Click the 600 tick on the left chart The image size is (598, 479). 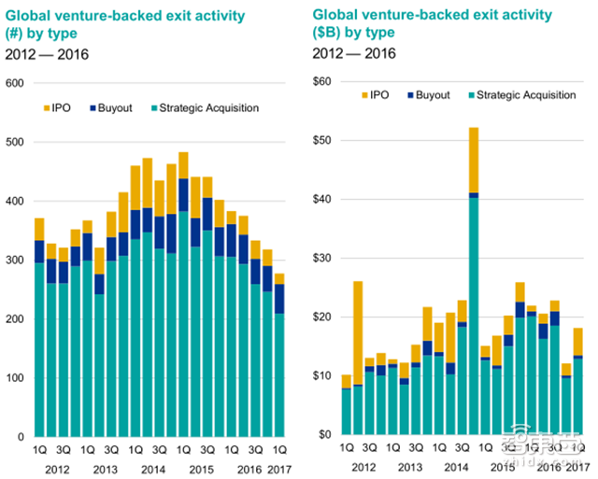pyautogui.click(x=14, y=83)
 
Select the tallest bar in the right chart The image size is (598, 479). pyautogui.click(x=474, y=280)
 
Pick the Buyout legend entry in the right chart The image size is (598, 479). pyautogui.click(x=429, y=95)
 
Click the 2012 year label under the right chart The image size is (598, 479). pyautogui.click(x=363, y=464)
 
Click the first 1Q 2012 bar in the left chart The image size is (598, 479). pyautogui.click(x=39, y=327)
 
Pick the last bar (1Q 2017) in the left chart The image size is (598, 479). pyautogui.click(x=279, y=355)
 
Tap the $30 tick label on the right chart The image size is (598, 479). pyautogui.click(x=321, y=258)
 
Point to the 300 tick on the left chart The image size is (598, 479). pyautogui.click(x=14, y=261)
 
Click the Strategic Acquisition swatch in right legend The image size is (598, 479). pyautogui.click(x=470, y=95)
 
